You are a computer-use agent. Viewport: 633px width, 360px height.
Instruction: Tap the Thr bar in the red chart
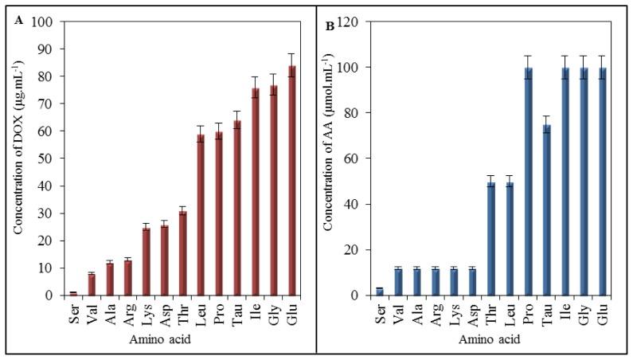click(182, 253)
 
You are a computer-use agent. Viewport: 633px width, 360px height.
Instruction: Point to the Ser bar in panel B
click(380, 292)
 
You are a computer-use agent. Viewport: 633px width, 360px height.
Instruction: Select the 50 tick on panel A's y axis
click(49, 158)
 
